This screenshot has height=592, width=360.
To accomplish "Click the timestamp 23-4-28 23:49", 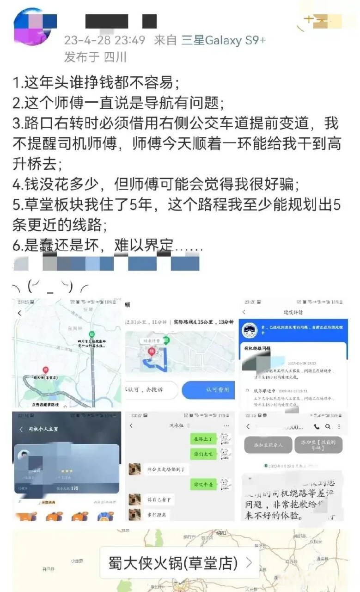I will (x=104, y=40).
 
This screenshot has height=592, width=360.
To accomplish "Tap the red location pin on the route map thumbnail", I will (x=45, y=370).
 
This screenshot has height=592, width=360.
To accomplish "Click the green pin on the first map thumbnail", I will (x=92, y=334).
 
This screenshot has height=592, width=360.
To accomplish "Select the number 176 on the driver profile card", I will (x=74, y=488).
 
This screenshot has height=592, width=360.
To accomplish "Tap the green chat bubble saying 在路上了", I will (x=202, y=438).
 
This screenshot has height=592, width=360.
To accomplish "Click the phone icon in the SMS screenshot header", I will (x=316, y=426).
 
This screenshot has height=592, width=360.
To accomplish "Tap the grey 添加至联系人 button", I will (x=268, y=445).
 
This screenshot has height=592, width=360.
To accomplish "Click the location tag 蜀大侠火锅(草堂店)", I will (x=173, y=563).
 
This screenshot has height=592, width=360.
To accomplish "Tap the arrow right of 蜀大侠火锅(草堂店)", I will (x=249, y=563).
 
